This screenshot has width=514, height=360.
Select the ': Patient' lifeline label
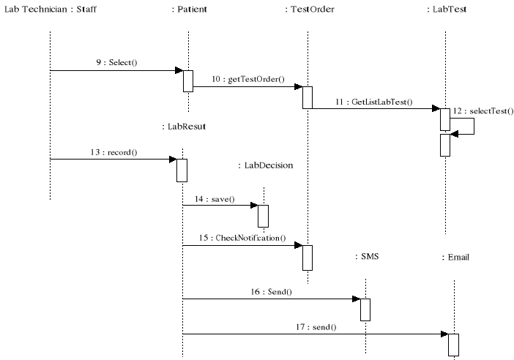pos(188,10)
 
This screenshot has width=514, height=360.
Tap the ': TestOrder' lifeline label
pos(308,10)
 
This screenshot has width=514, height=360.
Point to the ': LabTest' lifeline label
pos(446,10)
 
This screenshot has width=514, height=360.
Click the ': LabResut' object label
pos(183,127)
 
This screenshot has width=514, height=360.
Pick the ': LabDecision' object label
pos(265,166)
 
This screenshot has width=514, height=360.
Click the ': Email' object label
pos(455,258)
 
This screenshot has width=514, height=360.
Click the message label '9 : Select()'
pos(116,63)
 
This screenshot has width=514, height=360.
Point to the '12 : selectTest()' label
pos(483,111)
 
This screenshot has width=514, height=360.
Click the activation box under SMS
pos(365,310)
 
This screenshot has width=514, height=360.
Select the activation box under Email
pos(453,345)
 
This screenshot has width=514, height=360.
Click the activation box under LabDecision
pos(263,216)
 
